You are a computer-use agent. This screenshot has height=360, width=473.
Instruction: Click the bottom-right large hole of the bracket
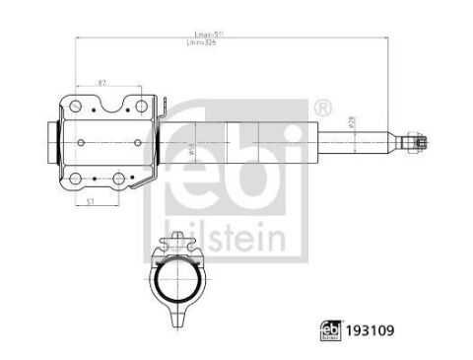point(119,179)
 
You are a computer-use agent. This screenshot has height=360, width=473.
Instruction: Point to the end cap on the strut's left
point(51,143)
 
